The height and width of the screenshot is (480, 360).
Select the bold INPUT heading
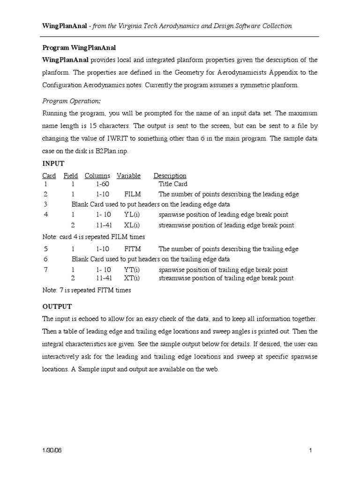click(x=53, y=164)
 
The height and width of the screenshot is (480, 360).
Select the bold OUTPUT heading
click(x=57, y=306)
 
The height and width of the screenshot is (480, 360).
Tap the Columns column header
click(x=97, y=176)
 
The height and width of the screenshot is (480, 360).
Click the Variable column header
click(x=128, y=176)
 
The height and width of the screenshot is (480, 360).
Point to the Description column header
click(x=170, y=176)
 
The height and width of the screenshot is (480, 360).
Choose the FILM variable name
click(x=133, y=194)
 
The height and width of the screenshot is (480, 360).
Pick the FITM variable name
click(x=133, y=249)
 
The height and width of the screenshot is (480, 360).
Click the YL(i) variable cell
click(x=132, y=215)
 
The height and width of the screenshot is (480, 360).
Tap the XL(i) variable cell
click(x=132, y=225)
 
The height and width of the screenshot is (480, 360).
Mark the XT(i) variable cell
click(x=132, y=278)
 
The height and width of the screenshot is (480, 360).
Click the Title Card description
click(x=173, y=184)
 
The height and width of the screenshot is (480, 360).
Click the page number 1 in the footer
click(x=311, y=450)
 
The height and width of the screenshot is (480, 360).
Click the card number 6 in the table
click(x=45, y=259)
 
